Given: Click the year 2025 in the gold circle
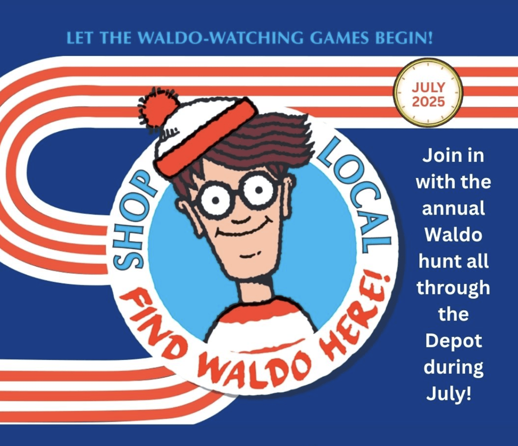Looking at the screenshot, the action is point(428,102).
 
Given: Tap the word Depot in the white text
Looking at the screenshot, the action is point(454,340).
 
